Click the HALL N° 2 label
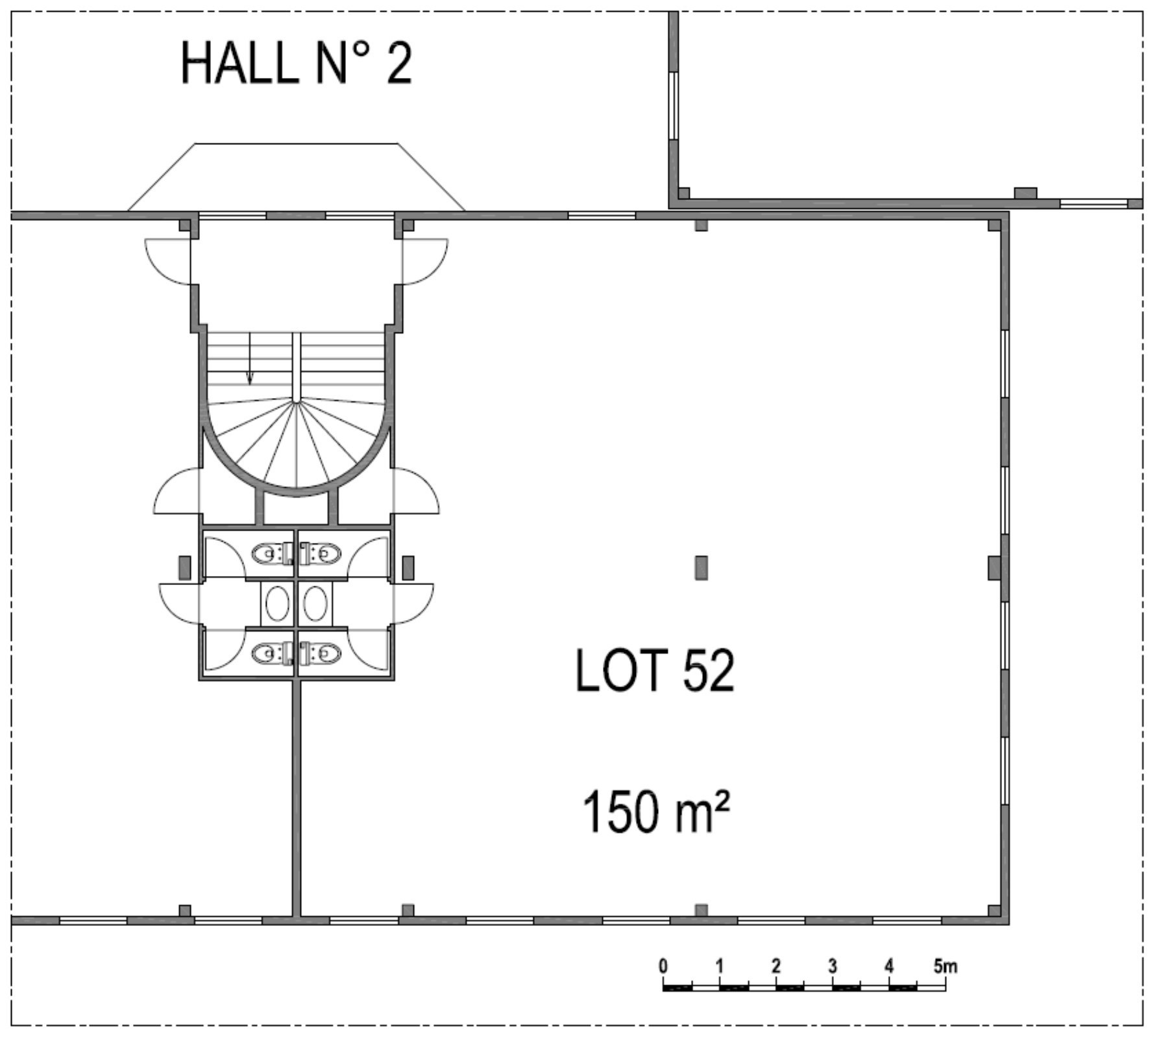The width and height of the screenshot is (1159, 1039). pyautogui.click(x=296, y=63)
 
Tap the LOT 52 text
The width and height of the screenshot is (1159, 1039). pyautogui.click(x=655, y=671)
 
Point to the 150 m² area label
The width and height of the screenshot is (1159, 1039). pyautogui.click(x=656, y=811)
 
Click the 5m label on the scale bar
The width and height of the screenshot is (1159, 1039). pyautogui.click(x=945, y=966)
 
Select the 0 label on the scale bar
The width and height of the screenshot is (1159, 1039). pyautogui.click(x=663, y=966)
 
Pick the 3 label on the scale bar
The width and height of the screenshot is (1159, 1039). pyautogui.click(x=833, y=966)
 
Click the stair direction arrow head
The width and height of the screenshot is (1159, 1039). pyautogui.click(x=250, y=378)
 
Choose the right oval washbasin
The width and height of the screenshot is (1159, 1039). pyautogui.click(x=315, y=603)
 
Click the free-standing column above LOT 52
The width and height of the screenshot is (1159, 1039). pyautogui.click(x=701, y=568)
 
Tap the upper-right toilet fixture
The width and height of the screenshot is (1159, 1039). pyautogui.click(x=320, y=553)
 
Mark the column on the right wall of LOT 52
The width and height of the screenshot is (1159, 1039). pyautogui.click(x=995, y=568)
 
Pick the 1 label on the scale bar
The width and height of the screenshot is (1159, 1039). pyautogui.click(x=719, y=966)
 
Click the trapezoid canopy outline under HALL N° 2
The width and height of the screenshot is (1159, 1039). pyautogui.click(x=296, y=144)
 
